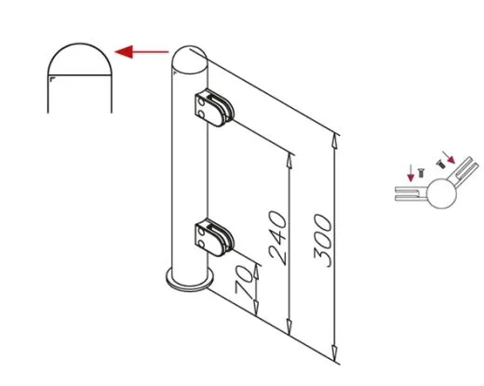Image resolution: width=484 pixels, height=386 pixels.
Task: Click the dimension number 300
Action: [x=323, y=241]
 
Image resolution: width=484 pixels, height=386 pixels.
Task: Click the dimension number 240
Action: [x=277, y=238]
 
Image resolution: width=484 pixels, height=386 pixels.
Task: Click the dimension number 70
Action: [x=244, y=280]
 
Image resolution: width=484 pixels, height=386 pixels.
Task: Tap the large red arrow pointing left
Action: [x=141, y=52]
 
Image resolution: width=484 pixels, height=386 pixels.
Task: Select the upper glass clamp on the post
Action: [x=214, y=108]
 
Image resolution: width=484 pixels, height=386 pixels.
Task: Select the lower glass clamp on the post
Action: [x=214, y=237]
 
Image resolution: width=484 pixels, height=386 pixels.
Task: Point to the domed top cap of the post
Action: [x=190, y=60]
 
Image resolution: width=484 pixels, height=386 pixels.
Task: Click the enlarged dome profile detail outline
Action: [x=80, y=44]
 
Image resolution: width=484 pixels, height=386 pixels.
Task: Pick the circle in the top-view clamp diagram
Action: [x=441, y=193]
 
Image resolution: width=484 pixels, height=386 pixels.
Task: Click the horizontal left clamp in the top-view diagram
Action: [x=410, y=193]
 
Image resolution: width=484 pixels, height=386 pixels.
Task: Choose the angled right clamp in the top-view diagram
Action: [x=464, y=171]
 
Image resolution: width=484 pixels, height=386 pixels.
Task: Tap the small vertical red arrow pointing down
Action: [x=410, y=173]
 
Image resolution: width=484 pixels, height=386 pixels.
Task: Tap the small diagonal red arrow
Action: [x=449, y=157]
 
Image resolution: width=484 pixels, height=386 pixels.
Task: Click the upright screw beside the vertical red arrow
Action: [x=421, y=173]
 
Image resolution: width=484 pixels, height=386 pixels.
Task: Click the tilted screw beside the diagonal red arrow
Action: [x=441, y=164]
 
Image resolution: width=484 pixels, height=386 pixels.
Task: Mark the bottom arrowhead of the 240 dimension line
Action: [x=289, y=328]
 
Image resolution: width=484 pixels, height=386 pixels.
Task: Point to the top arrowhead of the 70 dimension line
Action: [x=256, y=272]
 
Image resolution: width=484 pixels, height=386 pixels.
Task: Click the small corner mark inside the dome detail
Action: [x=52, y=80]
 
